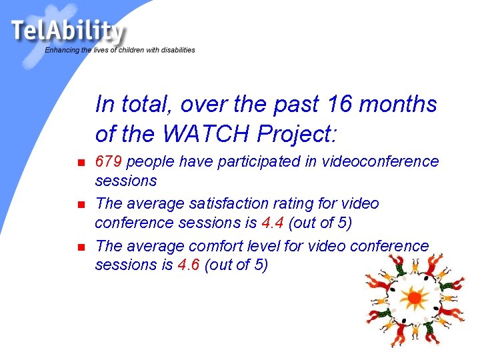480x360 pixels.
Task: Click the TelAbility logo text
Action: click(x=67, y=31)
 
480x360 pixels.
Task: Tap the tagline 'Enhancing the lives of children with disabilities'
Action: click(x=120, y=50)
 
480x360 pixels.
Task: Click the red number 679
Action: click(x=109, y=161)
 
